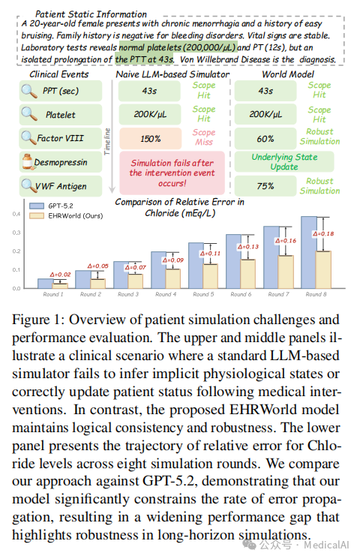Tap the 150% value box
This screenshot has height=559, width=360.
pyautogui.click(x=150, y=138)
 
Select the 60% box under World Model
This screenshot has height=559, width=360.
pyautogui.click(x=265, y=138)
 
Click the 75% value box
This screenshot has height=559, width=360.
pyautogui.click(x=265, y=186)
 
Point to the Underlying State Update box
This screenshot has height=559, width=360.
pyautogui.click(x=284, y=162)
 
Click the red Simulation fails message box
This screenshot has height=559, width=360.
pyautogui.click(x=172, y=173)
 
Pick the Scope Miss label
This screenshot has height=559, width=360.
pyautogui.click(x=204, y=137)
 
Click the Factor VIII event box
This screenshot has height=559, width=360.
pyautogui.click(x=61, y=138)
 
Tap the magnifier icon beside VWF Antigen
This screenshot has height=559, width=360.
pyautogui.click(x=28, y=185)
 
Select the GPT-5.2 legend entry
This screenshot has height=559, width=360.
pyautogui.click(x=51, y=206)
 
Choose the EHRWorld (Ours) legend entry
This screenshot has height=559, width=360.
pyautogui.click(x=66, y=215)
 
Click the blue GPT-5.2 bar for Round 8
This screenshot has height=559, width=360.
pyautogui.click(x=309, y=252)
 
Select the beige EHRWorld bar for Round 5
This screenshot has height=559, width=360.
pyautogui.click(x=210, y=276)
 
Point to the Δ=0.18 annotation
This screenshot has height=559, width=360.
pyautogui.click(x=323, y=234)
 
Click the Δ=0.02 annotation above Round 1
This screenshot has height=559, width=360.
pyautogui.click(x=60, y=275)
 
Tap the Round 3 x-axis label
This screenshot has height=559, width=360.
pyautogui.click(x=128, y=294)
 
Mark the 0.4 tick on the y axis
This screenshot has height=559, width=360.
pyautogui.click(x=16, y=214)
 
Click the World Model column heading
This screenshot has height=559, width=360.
pyautogui.click(x=288, y=74)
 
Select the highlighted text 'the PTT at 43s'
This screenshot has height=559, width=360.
pyautogui.click(x=144, y=59)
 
